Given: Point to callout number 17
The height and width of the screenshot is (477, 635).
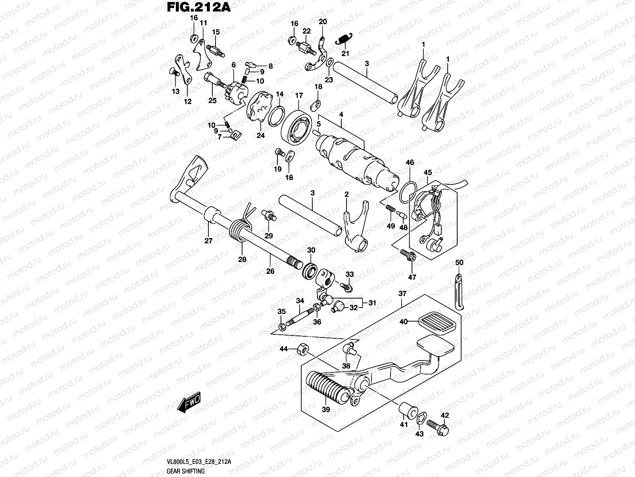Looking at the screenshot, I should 299,96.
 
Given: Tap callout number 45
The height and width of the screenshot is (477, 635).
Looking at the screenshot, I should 427,173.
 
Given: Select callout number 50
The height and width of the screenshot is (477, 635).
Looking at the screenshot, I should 459,263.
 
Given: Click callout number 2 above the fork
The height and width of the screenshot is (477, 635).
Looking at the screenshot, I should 346,194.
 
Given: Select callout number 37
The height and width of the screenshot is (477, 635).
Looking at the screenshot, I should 402,293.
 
